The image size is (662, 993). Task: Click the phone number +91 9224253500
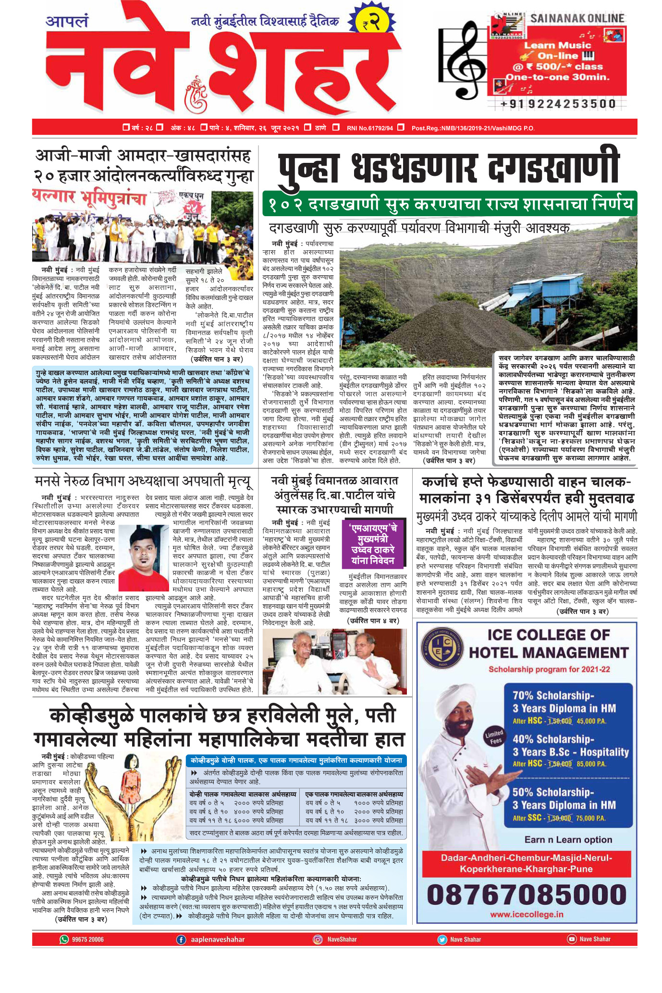558,104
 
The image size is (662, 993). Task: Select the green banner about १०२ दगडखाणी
449,204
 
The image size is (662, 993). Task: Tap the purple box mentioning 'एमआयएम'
372,543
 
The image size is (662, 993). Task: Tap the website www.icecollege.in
526,914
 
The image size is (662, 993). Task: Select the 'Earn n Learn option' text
568,839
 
